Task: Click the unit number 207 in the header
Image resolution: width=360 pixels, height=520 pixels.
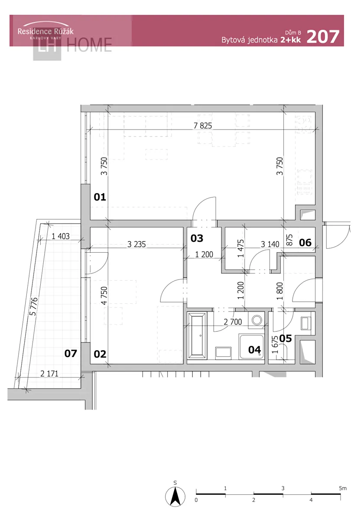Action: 323,37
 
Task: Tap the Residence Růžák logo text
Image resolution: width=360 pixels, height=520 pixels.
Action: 45,31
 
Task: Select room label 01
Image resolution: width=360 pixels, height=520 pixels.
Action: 100,197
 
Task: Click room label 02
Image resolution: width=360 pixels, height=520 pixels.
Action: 100,354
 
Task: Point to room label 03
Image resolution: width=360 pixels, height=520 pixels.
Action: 197,238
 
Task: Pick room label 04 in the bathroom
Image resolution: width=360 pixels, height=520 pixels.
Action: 254,350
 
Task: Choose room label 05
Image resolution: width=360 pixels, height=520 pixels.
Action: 285,339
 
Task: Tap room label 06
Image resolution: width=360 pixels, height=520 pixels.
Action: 305,243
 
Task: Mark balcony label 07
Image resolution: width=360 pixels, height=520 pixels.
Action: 71,354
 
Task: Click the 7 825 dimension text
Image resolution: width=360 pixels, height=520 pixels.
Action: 203,126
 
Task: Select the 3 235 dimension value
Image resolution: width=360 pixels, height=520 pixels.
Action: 136,244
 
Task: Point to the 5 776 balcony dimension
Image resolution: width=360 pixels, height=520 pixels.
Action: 34,306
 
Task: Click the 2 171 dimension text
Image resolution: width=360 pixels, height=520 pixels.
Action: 49,374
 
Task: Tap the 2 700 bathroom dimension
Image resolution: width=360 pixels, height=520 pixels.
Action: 233,322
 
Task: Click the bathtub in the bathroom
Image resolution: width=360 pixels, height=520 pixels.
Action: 197,336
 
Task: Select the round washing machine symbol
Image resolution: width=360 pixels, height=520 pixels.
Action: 256,320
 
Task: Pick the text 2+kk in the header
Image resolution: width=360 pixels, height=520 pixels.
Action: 291,40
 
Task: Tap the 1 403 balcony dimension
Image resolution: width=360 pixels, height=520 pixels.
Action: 60,236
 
